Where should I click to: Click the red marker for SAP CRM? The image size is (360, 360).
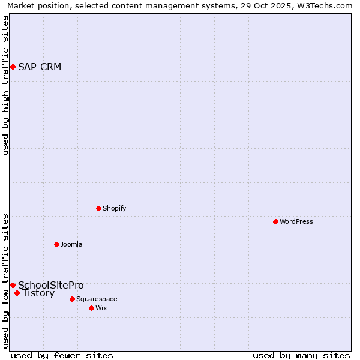[13, 67]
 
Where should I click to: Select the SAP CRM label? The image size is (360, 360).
[40, 67]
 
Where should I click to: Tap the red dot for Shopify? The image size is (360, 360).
[98, 208]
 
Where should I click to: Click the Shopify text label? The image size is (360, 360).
[114, 208]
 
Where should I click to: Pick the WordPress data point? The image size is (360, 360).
[275, 221]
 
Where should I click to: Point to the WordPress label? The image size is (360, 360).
[296, 221]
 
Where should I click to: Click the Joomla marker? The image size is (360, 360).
[56, 244]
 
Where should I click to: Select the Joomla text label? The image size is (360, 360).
[71, 244]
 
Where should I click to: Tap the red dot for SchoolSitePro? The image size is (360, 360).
[13, 285]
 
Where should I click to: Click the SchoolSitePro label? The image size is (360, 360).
[51, 285]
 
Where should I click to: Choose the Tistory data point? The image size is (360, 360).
[17, 293]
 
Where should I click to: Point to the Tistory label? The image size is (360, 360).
[38, 293]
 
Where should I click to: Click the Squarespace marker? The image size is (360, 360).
[72, 299]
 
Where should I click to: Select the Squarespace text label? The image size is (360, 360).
[97, 299]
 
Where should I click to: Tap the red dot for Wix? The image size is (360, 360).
[91, 308]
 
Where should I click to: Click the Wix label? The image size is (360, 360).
[101, 308]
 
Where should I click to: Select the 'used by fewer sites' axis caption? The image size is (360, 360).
[62, 355]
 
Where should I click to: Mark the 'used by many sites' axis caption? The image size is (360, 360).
[301, 355]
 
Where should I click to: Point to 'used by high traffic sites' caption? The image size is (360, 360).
[5, 85]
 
